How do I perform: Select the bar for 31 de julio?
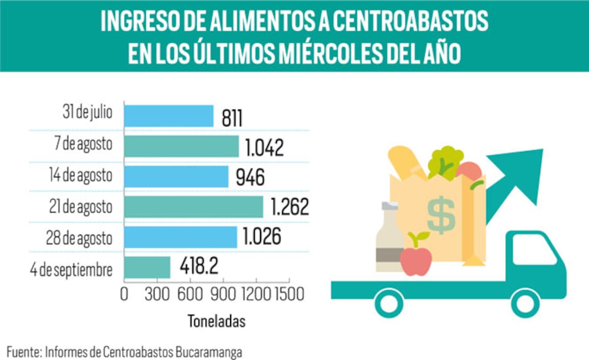(168, 116)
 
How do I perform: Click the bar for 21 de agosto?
(193, 206)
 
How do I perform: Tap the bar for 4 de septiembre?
(147, 268)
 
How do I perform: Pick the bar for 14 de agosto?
(176, 176)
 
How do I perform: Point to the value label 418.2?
(199, 267)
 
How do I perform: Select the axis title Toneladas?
(216, 321)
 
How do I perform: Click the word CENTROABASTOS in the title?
(409, 22)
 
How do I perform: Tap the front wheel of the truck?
(525, 303)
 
